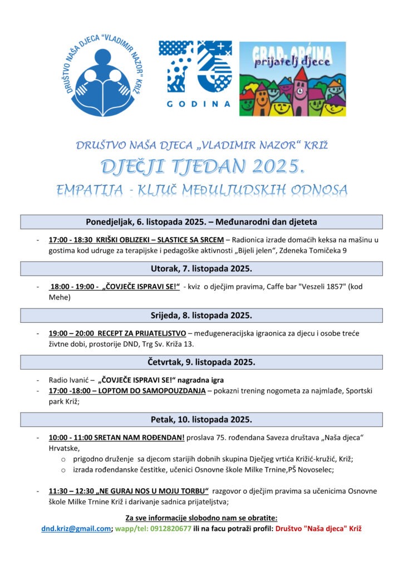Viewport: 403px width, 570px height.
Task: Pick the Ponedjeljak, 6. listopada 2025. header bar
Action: pyautogui.click(x=202, y=222)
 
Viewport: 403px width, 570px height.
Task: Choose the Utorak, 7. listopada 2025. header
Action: pyautogui.click(x=202, y=268)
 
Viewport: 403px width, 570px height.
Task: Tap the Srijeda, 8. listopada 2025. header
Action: pyautogui.click(x=202, y=315)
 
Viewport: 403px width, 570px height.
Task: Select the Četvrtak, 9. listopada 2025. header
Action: pyautogui.click(x=202, y=362)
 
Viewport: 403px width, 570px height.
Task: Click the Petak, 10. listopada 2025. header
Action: pyautogui.click(x=202, y=419)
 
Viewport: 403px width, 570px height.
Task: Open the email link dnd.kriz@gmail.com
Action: pyautogui.click(x=76, y=528)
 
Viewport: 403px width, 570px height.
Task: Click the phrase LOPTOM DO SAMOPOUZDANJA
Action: pyautogui.click(x=153, y=391)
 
